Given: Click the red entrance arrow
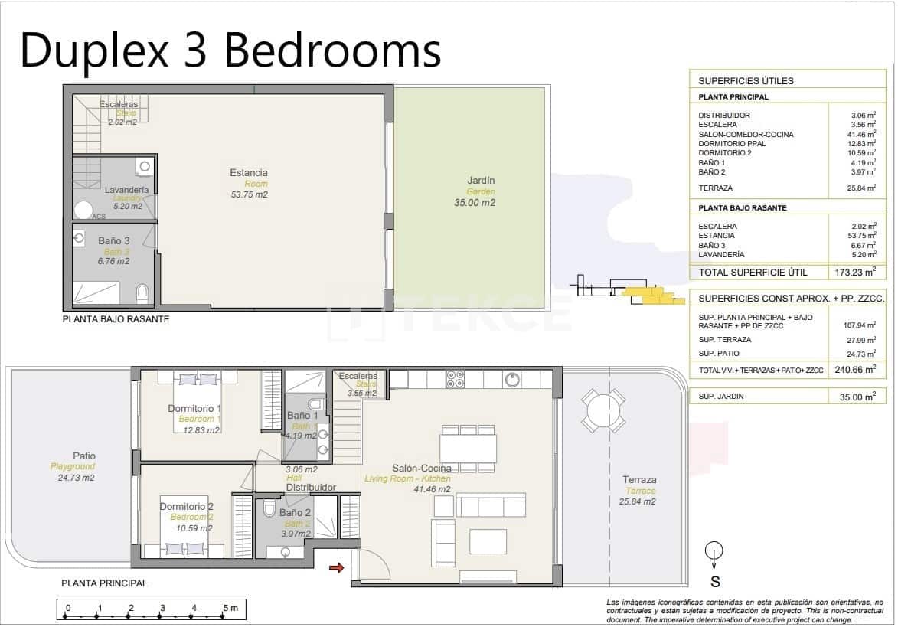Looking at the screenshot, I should click(x=335, y=567).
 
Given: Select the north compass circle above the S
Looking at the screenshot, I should click(x=714, y=550).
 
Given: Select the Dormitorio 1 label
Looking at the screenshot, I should click(x=194, y=408).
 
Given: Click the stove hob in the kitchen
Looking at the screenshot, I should click(x=455, y=378).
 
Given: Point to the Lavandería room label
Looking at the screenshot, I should click(x=127, y=189).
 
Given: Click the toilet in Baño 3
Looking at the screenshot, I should click(x=142, y=293).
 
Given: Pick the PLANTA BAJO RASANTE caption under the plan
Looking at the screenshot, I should click(x=116, y=319).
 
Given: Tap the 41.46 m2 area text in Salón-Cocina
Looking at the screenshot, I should click(x=432, y=489).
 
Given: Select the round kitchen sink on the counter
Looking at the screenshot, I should click(x=512, y=379).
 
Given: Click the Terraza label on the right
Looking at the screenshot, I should click(x=638, y=480).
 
